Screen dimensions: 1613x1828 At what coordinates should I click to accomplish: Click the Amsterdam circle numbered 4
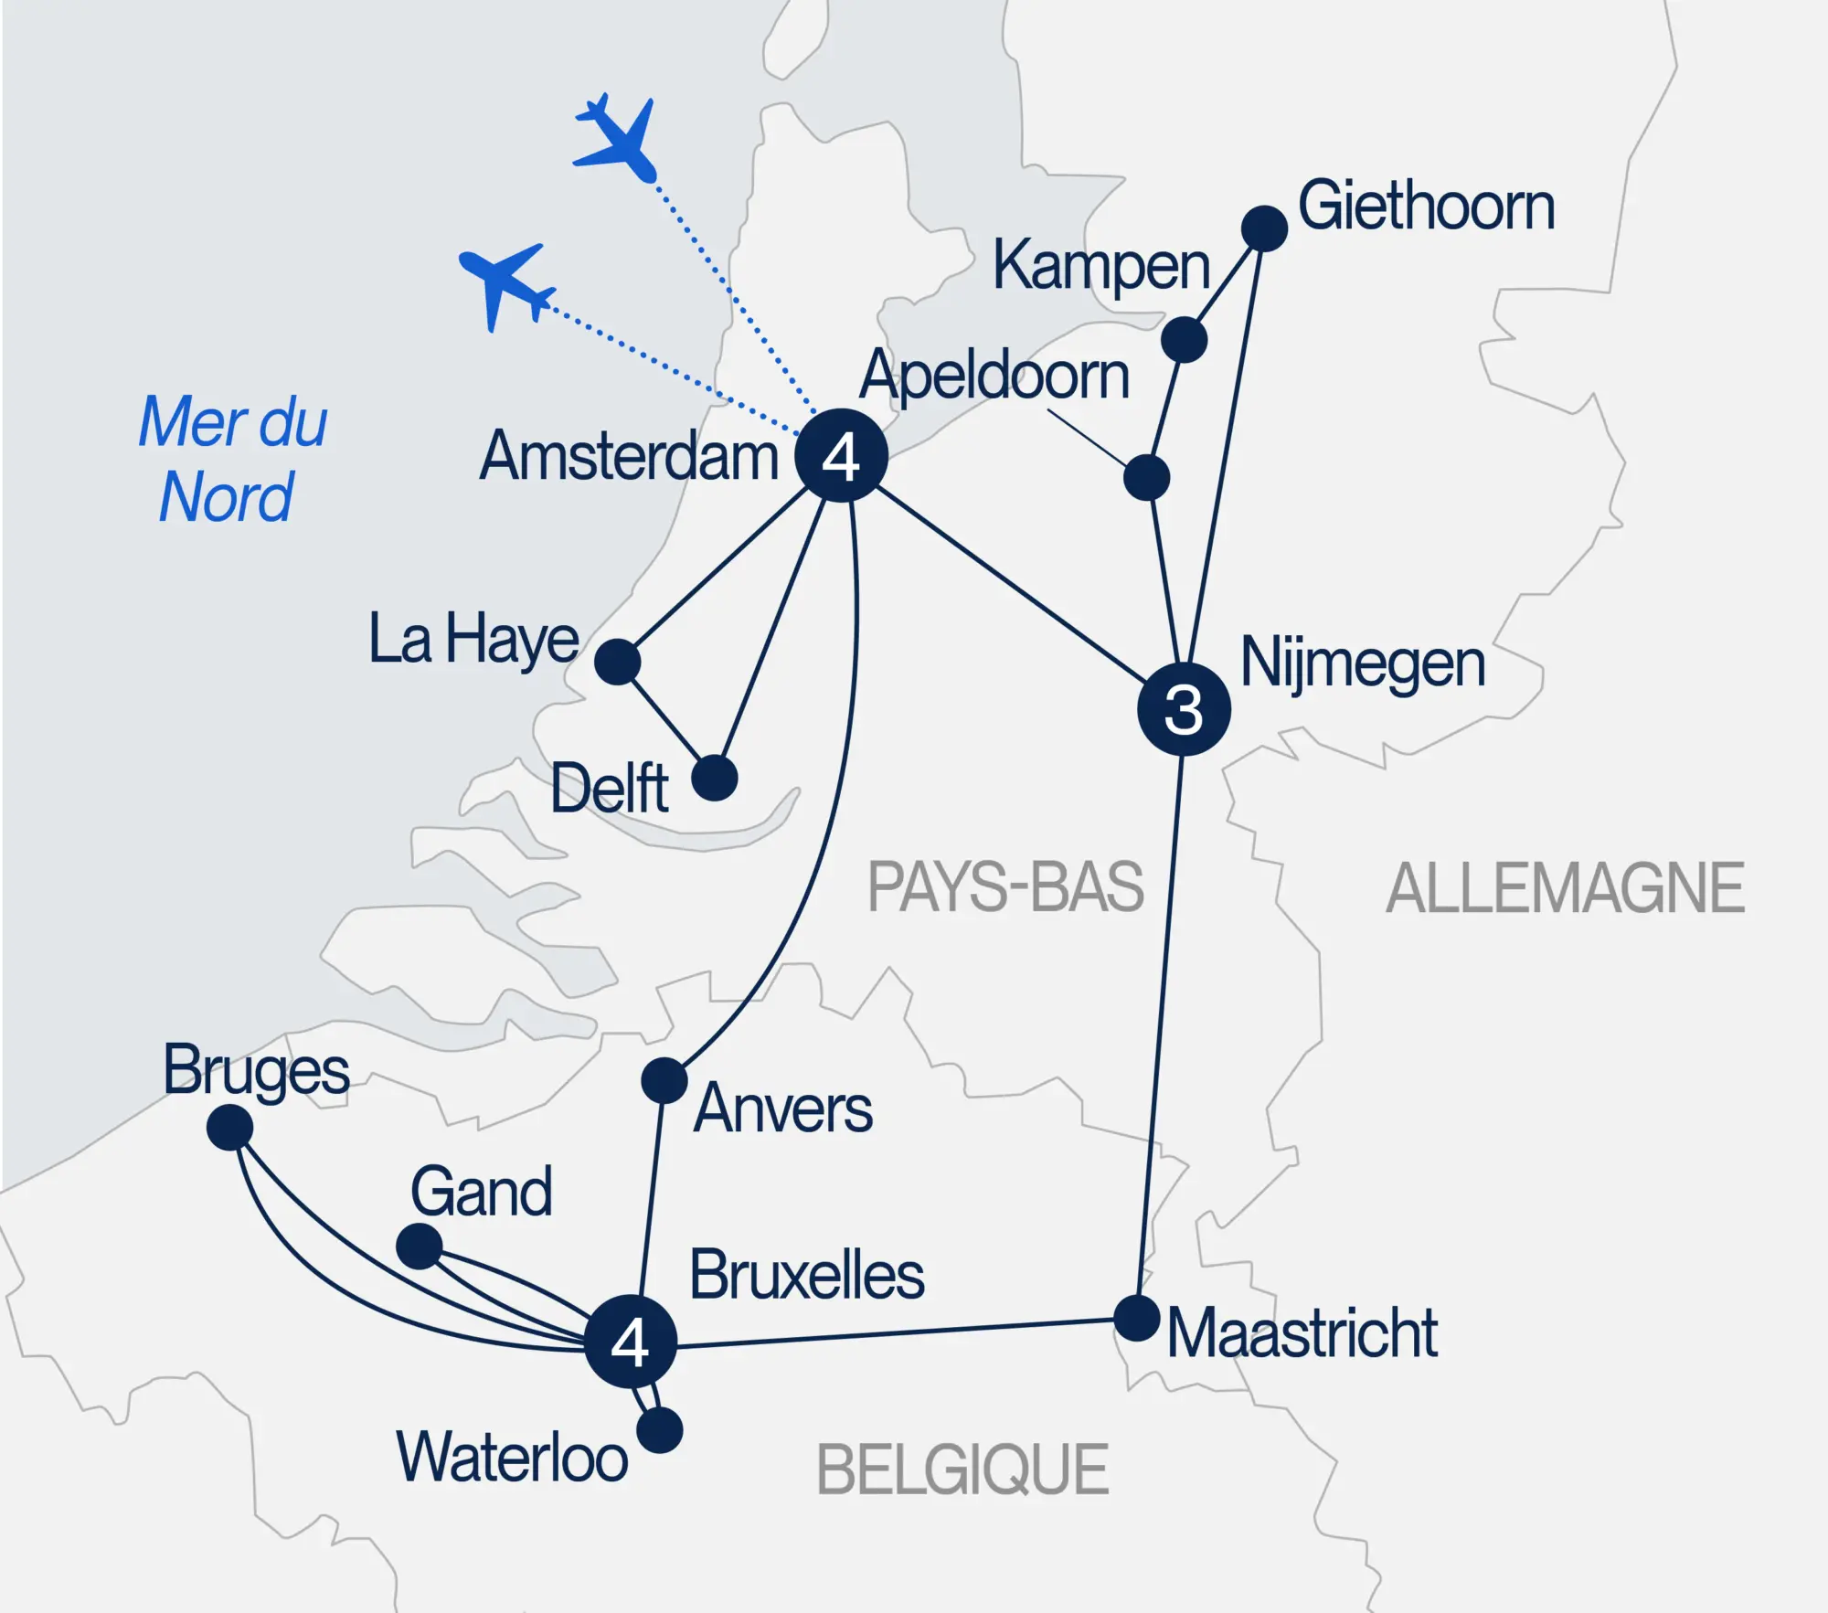pos(841,455)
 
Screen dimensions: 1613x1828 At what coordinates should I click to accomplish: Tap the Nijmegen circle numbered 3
pos(1184,709)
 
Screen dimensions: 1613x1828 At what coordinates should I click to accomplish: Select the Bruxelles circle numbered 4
pos(630,1341)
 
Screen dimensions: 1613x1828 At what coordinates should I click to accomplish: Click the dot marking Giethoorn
pos(1264,228)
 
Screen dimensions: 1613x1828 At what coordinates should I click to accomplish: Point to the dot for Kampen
pos(1184,340)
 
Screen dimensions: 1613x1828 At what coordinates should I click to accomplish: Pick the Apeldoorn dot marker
pos(1146,477)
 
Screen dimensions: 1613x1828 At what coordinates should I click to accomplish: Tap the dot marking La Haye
pos(617,661)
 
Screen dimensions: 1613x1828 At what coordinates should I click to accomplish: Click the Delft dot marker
pos(714,779)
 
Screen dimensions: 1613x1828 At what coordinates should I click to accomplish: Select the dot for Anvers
pos(664,1081)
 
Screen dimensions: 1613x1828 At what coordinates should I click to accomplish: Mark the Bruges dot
pos(229,1128)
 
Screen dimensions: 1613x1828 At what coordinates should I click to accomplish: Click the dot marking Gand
pos(419,1246)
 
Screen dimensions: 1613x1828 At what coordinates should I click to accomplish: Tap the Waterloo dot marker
pos(660,1430)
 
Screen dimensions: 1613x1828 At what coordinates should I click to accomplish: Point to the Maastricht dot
pos(1136,1318)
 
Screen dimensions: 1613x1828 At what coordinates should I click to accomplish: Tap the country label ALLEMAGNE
pos(1565,888)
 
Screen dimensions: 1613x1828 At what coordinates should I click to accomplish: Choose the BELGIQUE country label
pos(962,1470)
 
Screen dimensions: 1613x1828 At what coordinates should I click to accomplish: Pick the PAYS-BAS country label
pos(1005,886)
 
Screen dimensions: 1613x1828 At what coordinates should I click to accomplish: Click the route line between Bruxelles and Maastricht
pos(896,1332)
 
